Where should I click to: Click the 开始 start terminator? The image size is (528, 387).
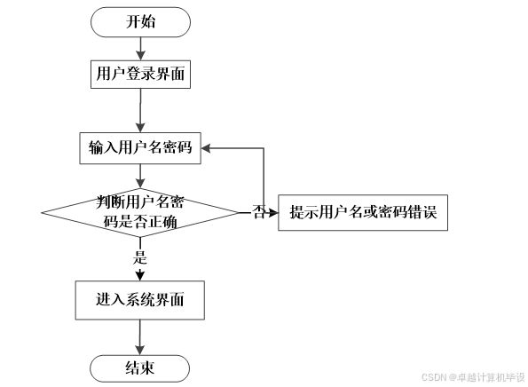point(140,22)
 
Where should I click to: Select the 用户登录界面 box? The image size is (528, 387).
point(140,75)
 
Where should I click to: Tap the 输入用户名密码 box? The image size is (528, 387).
point(140,148)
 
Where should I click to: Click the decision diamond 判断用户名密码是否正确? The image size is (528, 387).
point(140,212)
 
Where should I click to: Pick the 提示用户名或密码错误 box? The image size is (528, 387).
point(363,212)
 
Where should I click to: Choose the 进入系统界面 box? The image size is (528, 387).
point(139,300)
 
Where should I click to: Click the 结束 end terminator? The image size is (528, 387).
point(139,368)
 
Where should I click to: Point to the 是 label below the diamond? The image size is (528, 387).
point(140,257)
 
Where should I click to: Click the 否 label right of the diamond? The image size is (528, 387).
point(259,212)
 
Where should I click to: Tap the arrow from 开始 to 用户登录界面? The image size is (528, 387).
point(140,49)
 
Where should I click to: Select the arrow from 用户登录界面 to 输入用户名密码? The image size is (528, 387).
point(140,110)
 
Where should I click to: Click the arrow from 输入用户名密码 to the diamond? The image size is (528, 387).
point(140,176)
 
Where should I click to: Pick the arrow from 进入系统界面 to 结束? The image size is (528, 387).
point(139,337)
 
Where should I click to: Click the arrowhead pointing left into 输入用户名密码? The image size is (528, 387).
point(206,148)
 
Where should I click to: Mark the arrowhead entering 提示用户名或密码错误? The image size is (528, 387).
point(273,212)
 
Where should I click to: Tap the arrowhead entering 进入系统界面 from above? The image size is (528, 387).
point(140,276)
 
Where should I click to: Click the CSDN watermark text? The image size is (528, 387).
point(473,377)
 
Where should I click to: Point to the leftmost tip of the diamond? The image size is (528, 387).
point(42,212)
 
